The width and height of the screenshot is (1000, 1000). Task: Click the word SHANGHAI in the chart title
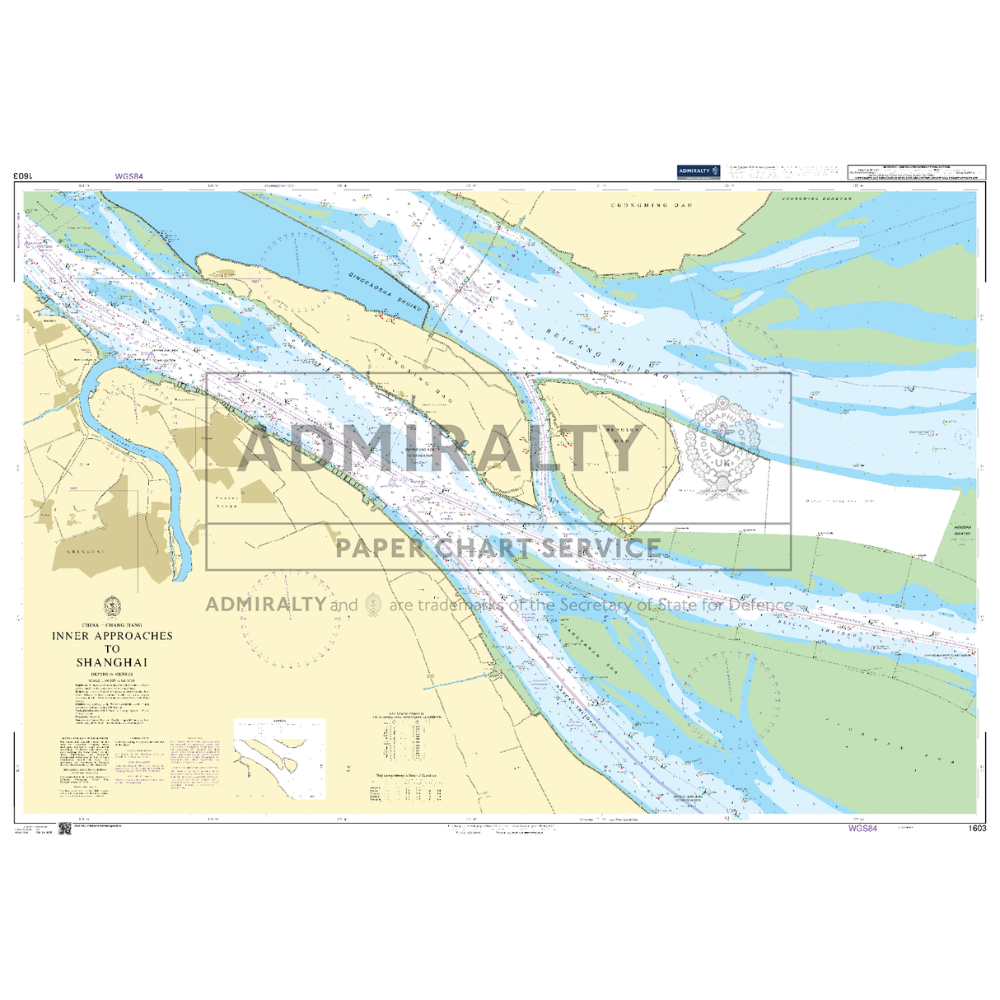pyautogui.click(x=112, y=662)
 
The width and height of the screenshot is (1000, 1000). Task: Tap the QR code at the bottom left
pyautogui.click(x=65, y=829)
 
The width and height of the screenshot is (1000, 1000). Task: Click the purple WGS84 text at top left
pyautogui.click(x=129, y=175)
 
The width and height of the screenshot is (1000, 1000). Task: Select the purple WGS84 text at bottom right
pyautogui.click(x=862, y=829)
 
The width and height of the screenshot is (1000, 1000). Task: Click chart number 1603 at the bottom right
pyautogui.click(x=978, y=829)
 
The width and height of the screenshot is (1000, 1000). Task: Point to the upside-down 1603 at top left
pyautogui.click(x=23, y=175)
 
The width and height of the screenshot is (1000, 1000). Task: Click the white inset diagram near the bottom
pyautogui.click(x=279, y=759)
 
